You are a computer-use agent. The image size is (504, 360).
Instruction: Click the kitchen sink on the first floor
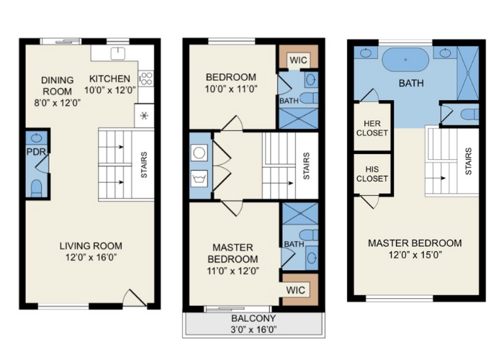[118, 53]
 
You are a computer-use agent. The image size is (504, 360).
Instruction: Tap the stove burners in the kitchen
[146, 78]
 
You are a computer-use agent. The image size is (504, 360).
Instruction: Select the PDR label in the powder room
[36, 152]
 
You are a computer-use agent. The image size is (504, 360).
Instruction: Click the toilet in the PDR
[36, 188]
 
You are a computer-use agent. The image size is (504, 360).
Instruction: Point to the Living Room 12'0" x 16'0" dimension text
[91, 258]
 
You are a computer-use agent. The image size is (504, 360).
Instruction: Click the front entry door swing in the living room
[135, 297]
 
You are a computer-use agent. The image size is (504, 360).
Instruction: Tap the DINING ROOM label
[57, 86]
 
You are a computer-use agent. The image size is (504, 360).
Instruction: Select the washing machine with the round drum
[199, 153]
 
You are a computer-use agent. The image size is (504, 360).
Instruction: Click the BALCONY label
[253, 318]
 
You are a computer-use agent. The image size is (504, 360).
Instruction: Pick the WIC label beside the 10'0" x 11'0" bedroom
[298, 60]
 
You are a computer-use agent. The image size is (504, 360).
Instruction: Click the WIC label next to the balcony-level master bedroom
[295, 290]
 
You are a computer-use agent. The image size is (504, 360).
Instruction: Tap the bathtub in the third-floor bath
[405, 60]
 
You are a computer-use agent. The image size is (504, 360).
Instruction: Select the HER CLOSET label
[372, 128]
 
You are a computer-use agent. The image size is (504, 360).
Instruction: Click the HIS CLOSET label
[372, 174]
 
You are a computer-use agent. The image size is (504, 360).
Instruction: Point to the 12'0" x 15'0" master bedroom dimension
[415, 255]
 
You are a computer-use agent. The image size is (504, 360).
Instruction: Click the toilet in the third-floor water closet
[469, 114]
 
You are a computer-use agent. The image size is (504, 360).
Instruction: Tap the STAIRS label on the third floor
[469, 161]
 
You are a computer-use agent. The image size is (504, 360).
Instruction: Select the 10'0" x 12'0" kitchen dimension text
[110, 90]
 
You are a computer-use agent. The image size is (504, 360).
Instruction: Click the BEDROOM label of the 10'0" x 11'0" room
[231, 77]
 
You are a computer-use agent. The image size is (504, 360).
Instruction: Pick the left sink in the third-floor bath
[365, 53]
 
